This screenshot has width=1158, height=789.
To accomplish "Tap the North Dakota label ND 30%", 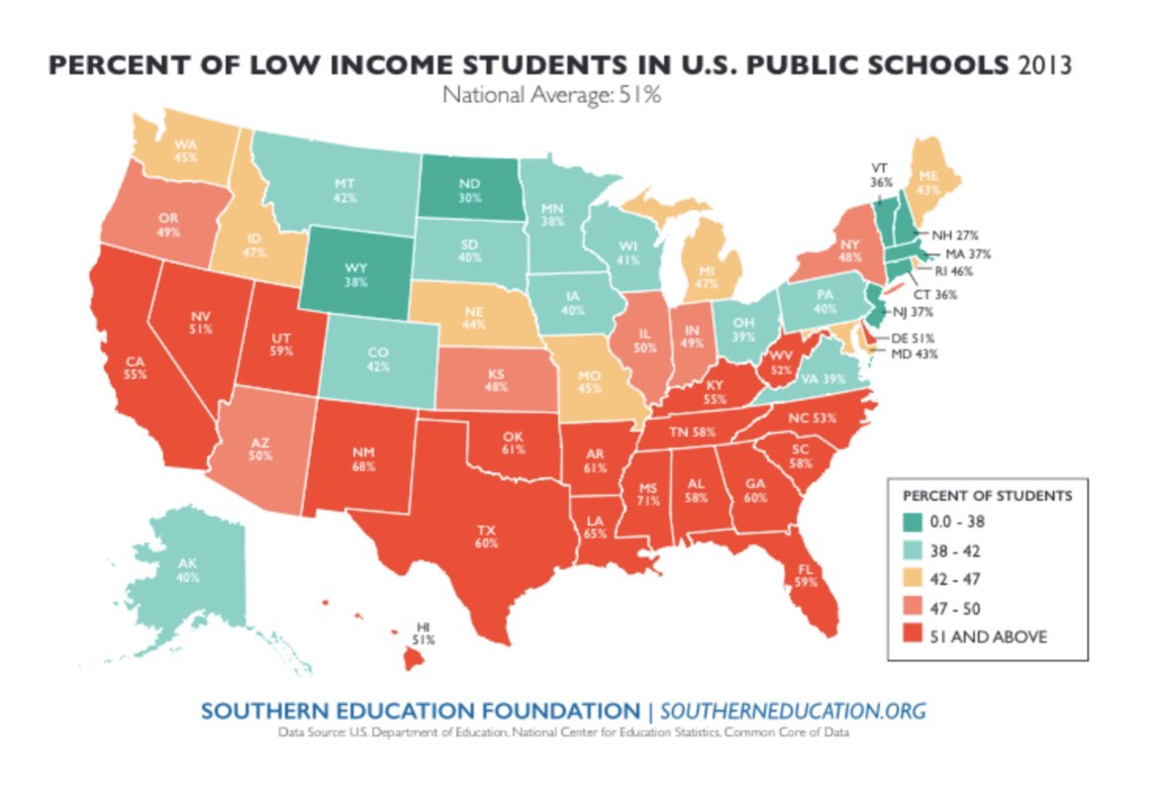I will click(469, 190).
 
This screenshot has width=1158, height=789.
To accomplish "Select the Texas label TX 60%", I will click(487, 535).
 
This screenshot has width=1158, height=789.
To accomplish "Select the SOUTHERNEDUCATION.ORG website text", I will click(792, 712).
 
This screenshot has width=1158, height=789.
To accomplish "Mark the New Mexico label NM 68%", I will click(364, 457).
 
